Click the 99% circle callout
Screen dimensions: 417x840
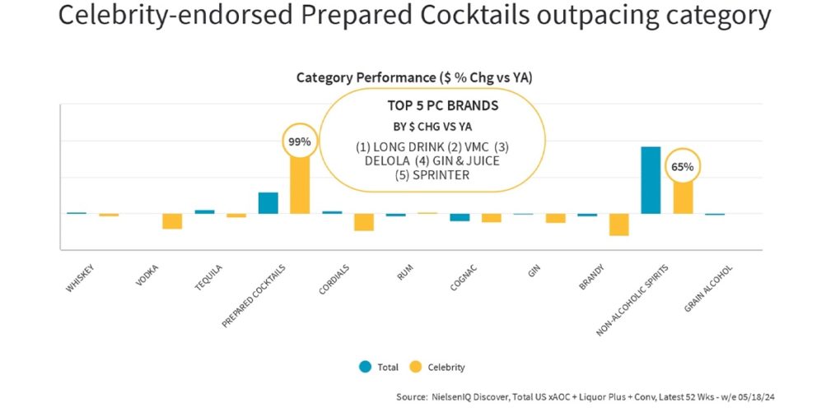(299, 141)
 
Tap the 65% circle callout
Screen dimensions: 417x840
(682, 167)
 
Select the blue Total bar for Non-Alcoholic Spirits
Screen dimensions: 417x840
(651, 180)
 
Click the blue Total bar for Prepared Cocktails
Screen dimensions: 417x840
(268, 203)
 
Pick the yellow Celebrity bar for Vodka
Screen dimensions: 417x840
(172, 221)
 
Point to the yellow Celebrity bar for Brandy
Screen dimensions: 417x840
(619, 225)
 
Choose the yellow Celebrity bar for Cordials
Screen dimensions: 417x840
(364, 222)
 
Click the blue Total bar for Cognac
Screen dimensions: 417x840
(460, 217)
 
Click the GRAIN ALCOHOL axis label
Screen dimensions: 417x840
(708, 289)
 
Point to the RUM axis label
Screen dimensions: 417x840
(405, 272)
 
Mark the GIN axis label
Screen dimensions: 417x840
(534, 272)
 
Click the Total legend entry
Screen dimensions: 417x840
(378, 367)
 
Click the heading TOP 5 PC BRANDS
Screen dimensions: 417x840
(442, 106)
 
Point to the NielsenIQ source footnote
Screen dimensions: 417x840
(585, 396)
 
